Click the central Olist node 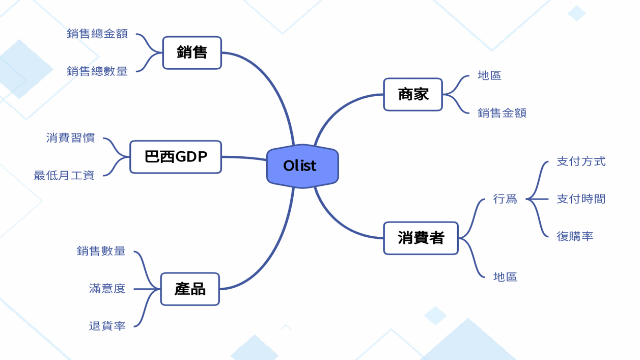(302, 166)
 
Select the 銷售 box (192, 52)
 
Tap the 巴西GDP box (176, 157)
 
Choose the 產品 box (190, 289)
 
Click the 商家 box (413, 94)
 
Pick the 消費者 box (421, 238)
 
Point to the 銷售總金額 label (97, 34)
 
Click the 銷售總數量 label (97, 71)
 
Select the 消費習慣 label (70, 138)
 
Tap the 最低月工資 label (64, 176)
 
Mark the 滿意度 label (107, 289)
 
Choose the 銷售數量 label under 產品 (101, 251)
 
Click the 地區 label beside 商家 (489, 76)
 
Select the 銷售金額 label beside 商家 (502, 113)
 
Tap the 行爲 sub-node (505, 199)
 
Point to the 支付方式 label (581, 161)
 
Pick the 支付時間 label (581, 199)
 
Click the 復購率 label (575, 236)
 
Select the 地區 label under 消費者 (505, 277)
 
